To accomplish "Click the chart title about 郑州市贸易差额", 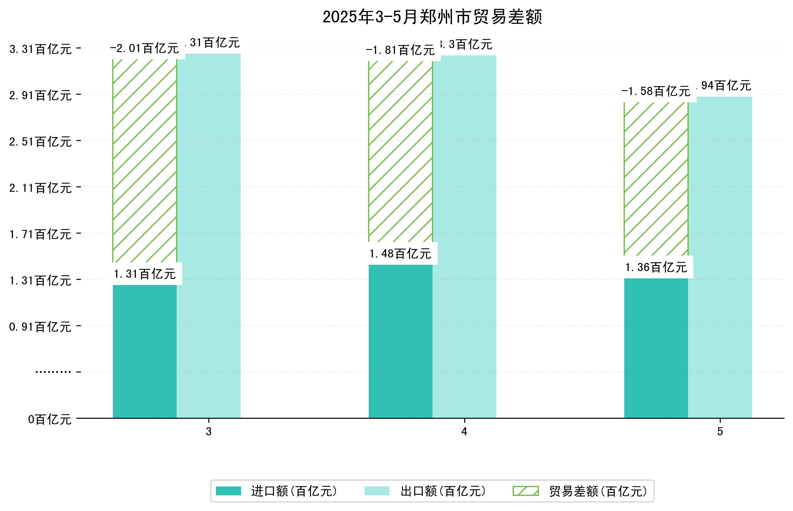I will [432, 17].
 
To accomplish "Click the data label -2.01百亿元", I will [145, 49].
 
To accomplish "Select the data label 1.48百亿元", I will [400, 254].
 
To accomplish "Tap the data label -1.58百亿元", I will [655, 91].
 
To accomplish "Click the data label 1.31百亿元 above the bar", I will [145, 274].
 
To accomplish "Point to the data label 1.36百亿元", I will [655, 267].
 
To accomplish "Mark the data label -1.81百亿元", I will [400, 51].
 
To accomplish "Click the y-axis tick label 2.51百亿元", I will [41, 142].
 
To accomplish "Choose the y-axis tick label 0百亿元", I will [50, 419].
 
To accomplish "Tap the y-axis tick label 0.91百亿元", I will [41, 327].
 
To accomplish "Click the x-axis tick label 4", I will [464, 431].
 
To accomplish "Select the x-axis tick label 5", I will [720, 431].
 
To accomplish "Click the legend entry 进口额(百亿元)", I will [294, 491].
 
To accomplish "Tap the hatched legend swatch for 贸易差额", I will [525, 491].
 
